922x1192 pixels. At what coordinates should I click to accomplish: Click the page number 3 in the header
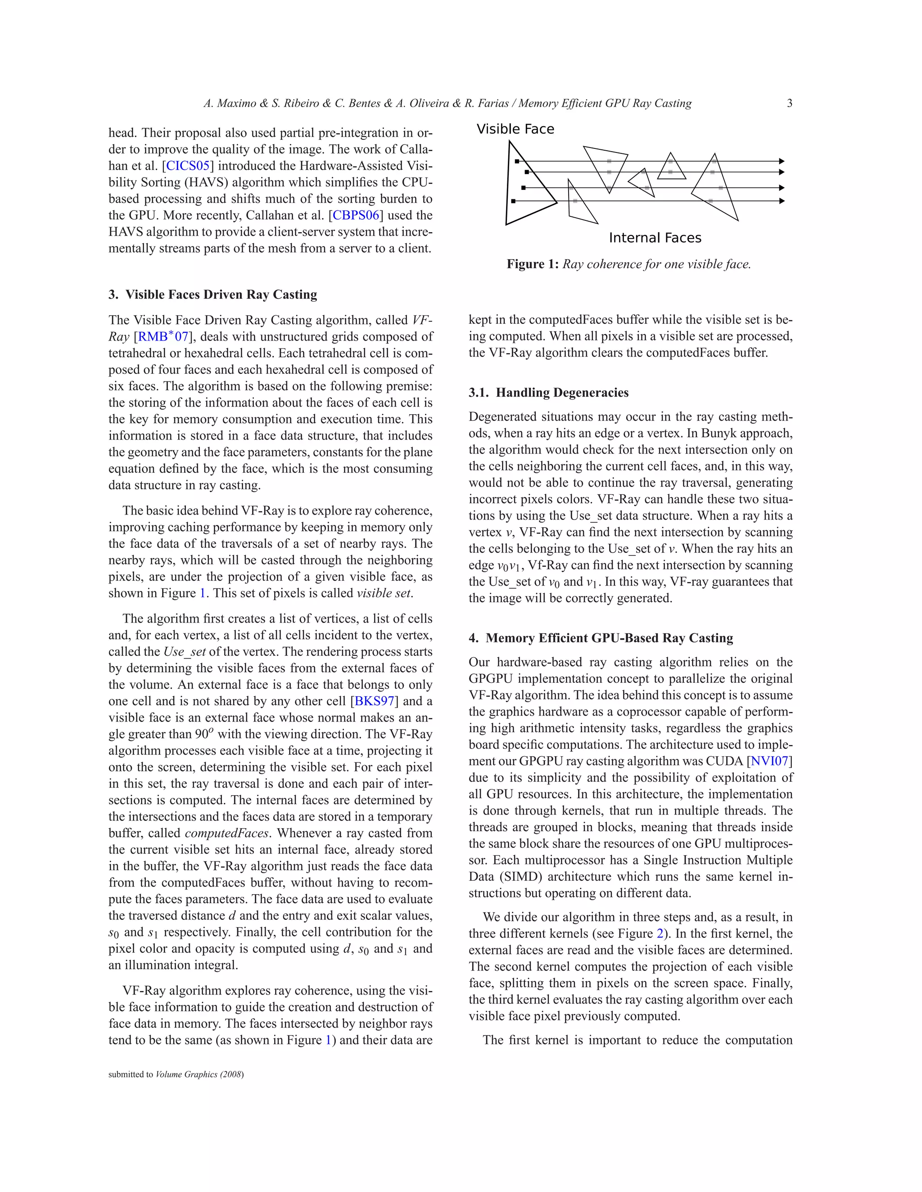tap(789, 103)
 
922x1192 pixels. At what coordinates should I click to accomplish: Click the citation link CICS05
tap(188, 166)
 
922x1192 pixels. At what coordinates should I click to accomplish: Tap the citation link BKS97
tap(375, 701)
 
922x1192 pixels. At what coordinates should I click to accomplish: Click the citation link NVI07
tap(769, 761)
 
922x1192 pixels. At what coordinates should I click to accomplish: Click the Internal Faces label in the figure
tap(655, 238)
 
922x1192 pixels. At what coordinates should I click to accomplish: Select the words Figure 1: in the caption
tap(532, 264)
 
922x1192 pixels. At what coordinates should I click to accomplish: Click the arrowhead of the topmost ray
tap(782, 161)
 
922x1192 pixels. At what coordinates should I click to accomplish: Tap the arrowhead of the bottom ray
tap(782, 201)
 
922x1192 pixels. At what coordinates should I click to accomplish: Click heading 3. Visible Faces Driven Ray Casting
tap(212, 295)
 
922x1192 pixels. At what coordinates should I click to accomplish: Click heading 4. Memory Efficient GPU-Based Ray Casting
tap(601, 638)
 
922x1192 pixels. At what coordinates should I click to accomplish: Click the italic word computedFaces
tap(227, 834)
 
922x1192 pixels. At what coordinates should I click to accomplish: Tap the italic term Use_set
tap(184, 652)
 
